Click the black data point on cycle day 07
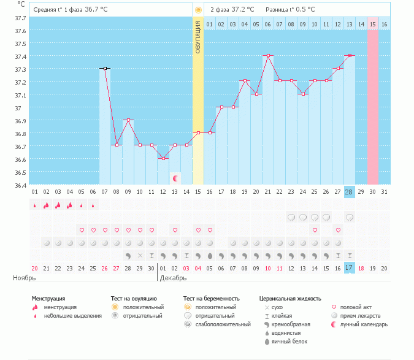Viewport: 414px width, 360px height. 105,68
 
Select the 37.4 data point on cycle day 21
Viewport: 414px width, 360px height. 268,55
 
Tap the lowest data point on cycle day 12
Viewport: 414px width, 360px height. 163,158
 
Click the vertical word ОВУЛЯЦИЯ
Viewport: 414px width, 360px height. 198,37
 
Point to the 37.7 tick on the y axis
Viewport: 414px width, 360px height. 20,18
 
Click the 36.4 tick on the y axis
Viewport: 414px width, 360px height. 20,185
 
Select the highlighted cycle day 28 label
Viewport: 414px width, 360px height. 349,192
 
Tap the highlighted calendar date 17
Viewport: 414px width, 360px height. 349,268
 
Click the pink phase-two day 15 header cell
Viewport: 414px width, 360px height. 372,25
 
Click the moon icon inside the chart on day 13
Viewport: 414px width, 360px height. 175,178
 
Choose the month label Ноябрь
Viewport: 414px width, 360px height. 25,278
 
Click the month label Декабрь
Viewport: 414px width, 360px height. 173,278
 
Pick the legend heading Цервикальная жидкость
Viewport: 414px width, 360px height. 290,299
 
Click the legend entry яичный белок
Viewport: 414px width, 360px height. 289,342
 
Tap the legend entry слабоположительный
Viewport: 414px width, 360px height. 223,324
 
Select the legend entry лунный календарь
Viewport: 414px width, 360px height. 364,324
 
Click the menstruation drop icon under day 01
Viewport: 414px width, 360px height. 34,205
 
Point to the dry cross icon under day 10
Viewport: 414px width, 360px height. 140,256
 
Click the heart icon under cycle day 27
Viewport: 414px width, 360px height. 338,230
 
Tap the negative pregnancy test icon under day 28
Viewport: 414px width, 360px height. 350,218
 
